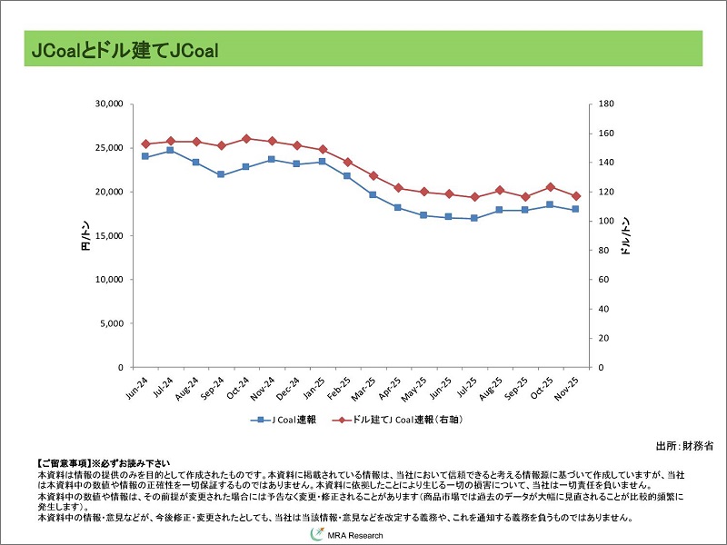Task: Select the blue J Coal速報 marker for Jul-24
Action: [170, 150]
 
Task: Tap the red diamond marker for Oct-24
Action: [246, 138]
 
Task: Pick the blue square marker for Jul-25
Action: [474, 218]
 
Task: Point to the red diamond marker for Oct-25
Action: [550, 187]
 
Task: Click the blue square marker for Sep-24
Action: [221, 174]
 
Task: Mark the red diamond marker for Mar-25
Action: [373, 175]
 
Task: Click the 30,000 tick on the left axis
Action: [108, 104]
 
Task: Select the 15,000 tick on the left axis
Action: [108, 236]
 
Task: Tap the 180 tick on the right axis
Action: [608, 104]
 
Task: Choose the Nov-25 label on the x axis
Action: [569, 387]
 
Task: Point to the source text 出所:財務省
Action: [684, 446]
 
